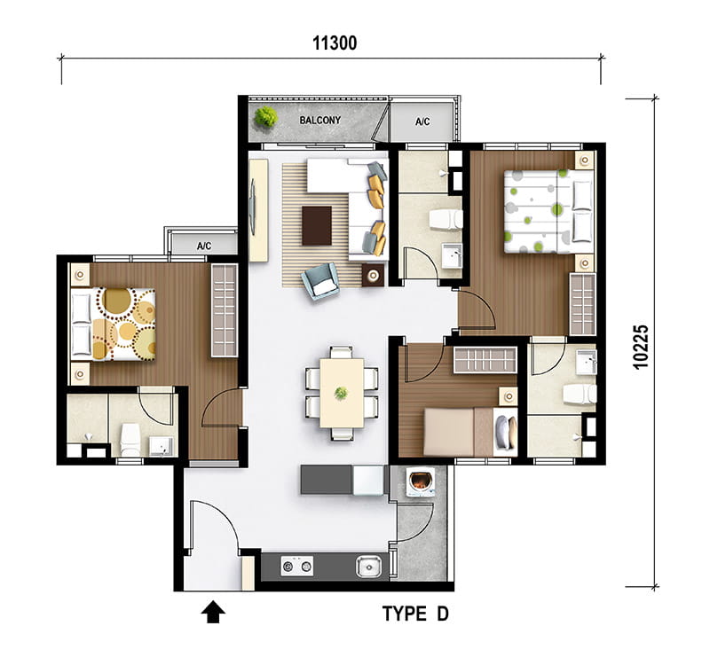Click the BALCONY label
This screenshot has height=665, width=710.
pos(319,121)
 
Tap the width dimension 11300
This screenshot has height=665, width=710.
pos(335,43)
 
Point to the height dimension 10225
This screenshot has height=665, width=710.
pos(641,347)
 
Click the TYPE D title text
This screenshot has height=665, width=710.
pos(415,614)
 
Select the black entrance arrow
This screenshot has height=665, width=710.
pos(213,612)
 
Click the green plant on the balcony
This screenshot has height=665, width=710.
pos(265,117)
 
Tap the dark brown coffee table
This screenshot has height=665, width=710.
pos(317,225)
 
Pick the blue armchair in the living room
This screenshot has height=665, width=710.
pos(320,281)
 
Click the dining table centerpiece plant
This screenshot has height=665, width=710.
pos(341,393)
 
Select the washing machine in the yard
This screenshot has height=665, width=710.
pos(420,482)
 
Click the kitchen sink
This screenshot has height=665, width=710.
pos(368,567)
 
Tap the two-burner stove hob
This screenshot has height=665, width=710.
pos(296,566)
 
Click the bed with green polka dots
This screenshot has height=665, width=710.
pos(548,211)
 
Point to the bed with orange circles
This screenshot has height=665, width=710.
pos(114,325)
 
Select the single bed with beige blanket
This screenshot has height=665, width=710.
pos(470,432)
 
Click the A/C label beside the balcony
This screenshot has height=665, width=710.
pos(422,121)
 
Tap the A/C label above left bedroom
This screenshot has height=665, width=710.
pos(204,246)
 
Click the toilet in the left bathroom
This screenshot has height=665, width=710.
pos(130,440)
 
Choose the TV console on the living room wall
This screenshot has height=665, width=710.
pos(258,210)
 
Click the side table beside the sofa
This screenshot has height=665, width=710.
pos(373,275)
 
